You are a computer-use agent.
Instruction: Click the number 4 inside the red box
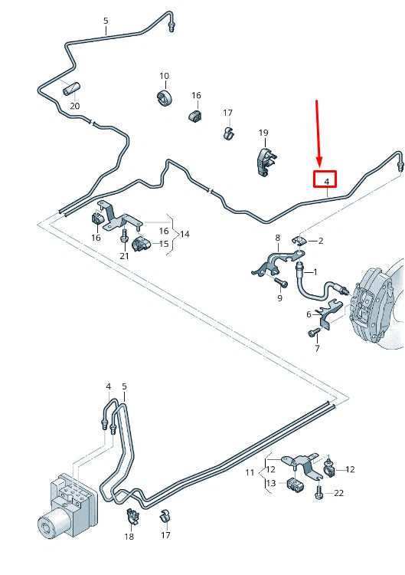(327, 181)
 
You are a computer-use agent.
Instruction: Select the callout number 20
(74, 105)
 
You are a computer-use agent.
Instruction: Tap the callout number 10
(164, 76)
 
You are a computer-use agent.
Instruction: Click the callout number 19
(263, 133)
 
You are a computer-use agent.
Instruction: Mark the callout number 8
(278, 238)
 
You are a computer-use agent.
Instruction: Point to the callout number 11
(250, 473)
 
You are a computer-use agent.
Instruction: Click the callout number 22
(339, 493)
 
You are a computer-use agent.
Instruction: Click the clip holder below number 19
(265, 161)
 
